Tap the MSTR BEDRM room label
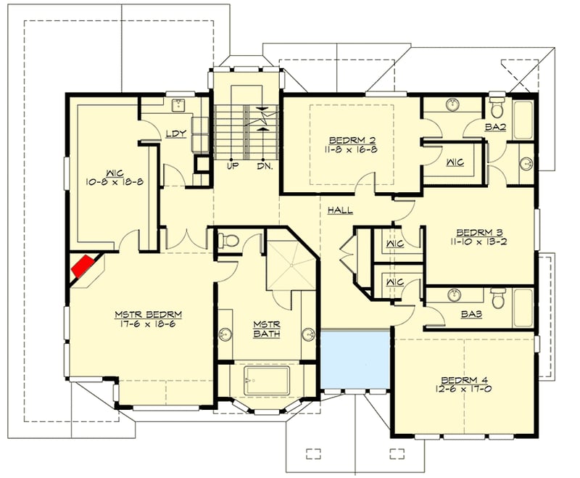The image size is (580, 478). point(148,314)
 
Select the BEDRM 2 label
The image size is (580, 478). point(352,139)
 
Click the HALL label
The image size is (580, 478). point(339,210)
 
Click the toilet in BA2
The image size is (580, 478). point(497,108)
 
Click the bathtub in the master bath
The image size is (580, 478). point(266,381)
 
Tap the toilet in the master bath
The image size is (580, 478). point(229,239)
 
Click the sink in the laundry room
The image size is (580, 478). point(178,106)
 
